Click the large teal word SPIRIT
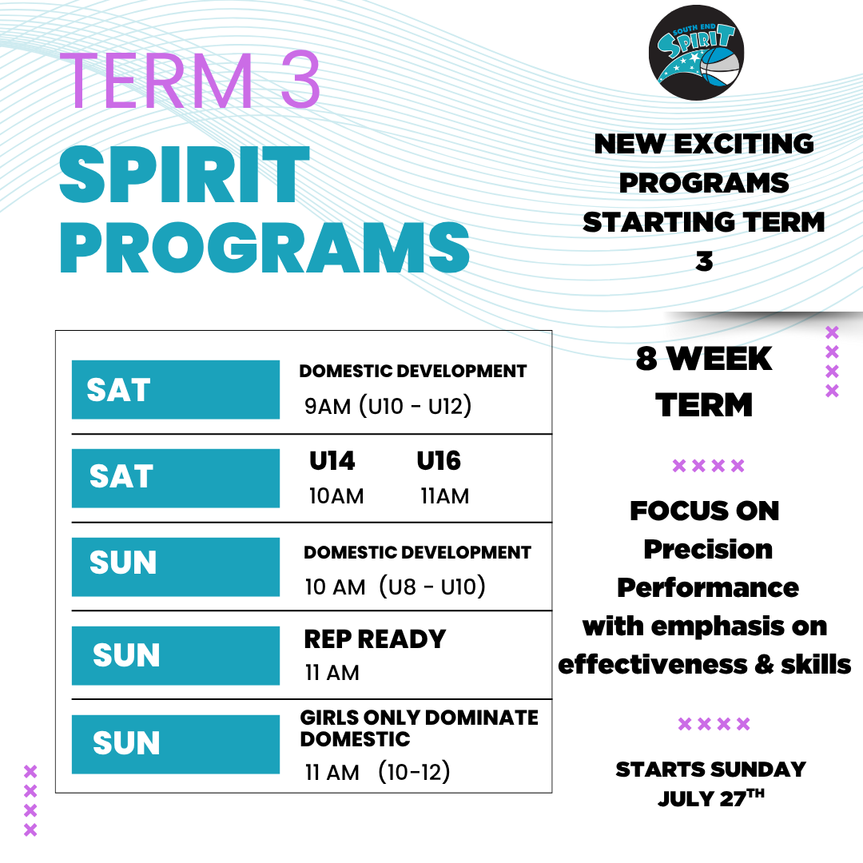coord(185,177)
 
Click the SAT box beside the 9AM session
coord(175,390)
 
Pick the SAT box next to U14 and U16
coord(175,478)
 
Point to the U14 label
coord(332,461)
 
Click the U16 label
coord(439,461)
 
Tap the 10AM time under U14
coord(336,496)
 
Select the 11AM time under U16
coord(445,496)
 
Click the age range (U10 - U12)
coord(415,407)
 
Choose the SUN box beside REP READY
coord(175,655)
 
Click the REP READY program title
coord(375,639)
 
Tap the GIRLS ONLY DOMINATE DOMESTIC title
coord(419,728)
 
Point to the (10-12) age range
coord(414,773)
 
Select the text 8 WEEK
coord(704,360)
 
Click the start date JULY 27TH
coord(711,798)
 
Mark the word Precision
coord(708,549)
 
